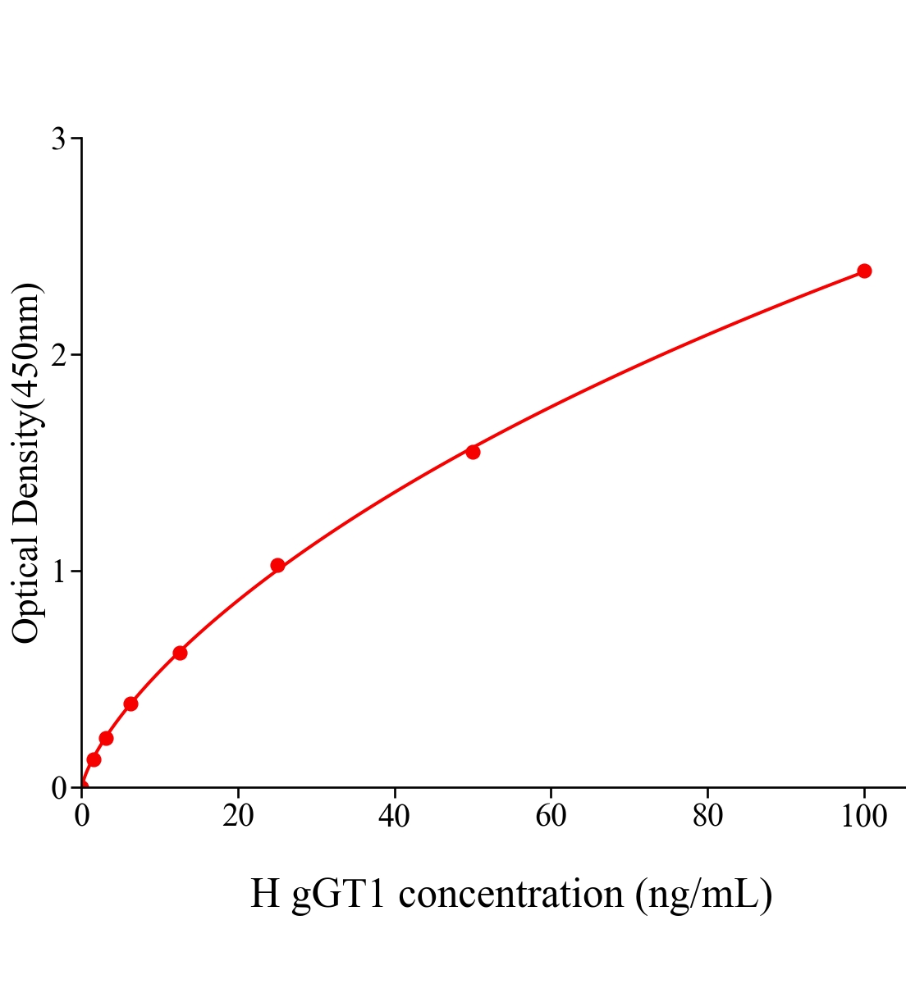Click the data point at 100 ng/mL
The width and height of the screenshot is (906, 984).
point(864,271)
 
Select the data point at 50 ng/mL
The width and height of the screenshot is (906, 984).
point(473,452)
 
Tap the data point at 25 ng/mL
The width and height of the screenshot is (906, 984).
point(277,565)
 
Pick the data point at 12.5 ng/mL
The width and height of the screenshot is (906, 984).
point(180,653)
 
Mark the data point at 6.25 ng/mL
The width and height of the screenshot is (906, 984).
point(130,704)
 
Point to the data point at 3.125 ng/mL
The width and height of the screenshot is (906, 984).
point(106,738)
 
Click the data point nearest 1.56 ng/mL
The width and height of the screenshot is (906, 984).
point(94,759)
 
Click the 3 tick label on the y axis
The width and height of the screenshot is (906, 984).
point(58,139)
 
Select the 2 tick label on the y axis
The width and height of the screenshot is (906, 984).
point(58,355)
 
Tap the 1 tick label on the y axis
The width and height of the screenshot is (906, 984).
point(58,572)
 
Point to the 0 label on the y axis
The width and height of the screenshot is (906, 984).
point(58,788)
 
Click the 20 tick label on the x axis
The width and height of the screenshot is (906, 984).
point(238,817)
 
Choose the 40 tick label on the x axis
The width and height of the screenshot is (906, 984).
point(395,817)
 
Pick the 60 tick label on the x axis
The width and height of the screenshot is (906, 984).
point(551,817)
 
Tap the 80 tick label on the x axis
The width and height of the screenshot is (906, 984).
point(707,817)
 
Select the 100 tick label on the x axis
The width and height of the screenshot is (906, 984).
point(864,817)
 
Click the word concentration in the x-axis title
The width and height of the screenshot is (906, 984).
point(511,894)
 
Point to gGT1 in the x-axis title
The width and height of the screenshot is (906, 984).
point(338,894)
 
